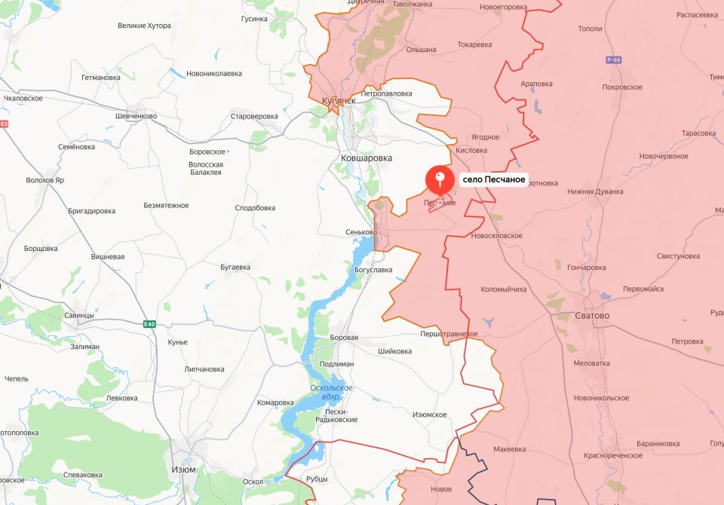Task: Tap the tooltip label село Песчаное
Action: (x=494, y=181)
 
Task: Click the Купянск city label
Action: (x=338, y=100)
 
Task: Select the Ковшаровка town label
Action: (x=367, y=158)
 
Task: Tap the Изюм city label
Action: (x=183, y=469)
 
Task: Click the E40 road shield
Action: (x=150, y=324)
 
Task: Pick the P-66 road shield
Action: (x=612, y=60)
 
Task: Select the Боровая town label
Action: (x=344, y=338)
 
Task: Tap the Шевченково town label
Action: (x=136, y=116)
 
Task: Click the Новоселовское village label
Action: (x=496, y=236)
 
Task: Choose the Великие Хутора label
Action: (x=144, y=26)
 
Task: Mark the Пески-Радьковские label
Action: (x=336, y=415)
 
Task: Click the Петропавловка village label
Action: (x=387, y=93)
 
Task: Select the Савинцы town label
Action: (x=78, y=315)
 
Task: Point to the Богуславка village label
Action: (x=373, y=269)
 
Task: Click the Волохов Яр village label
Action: (x=45, y=180)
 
